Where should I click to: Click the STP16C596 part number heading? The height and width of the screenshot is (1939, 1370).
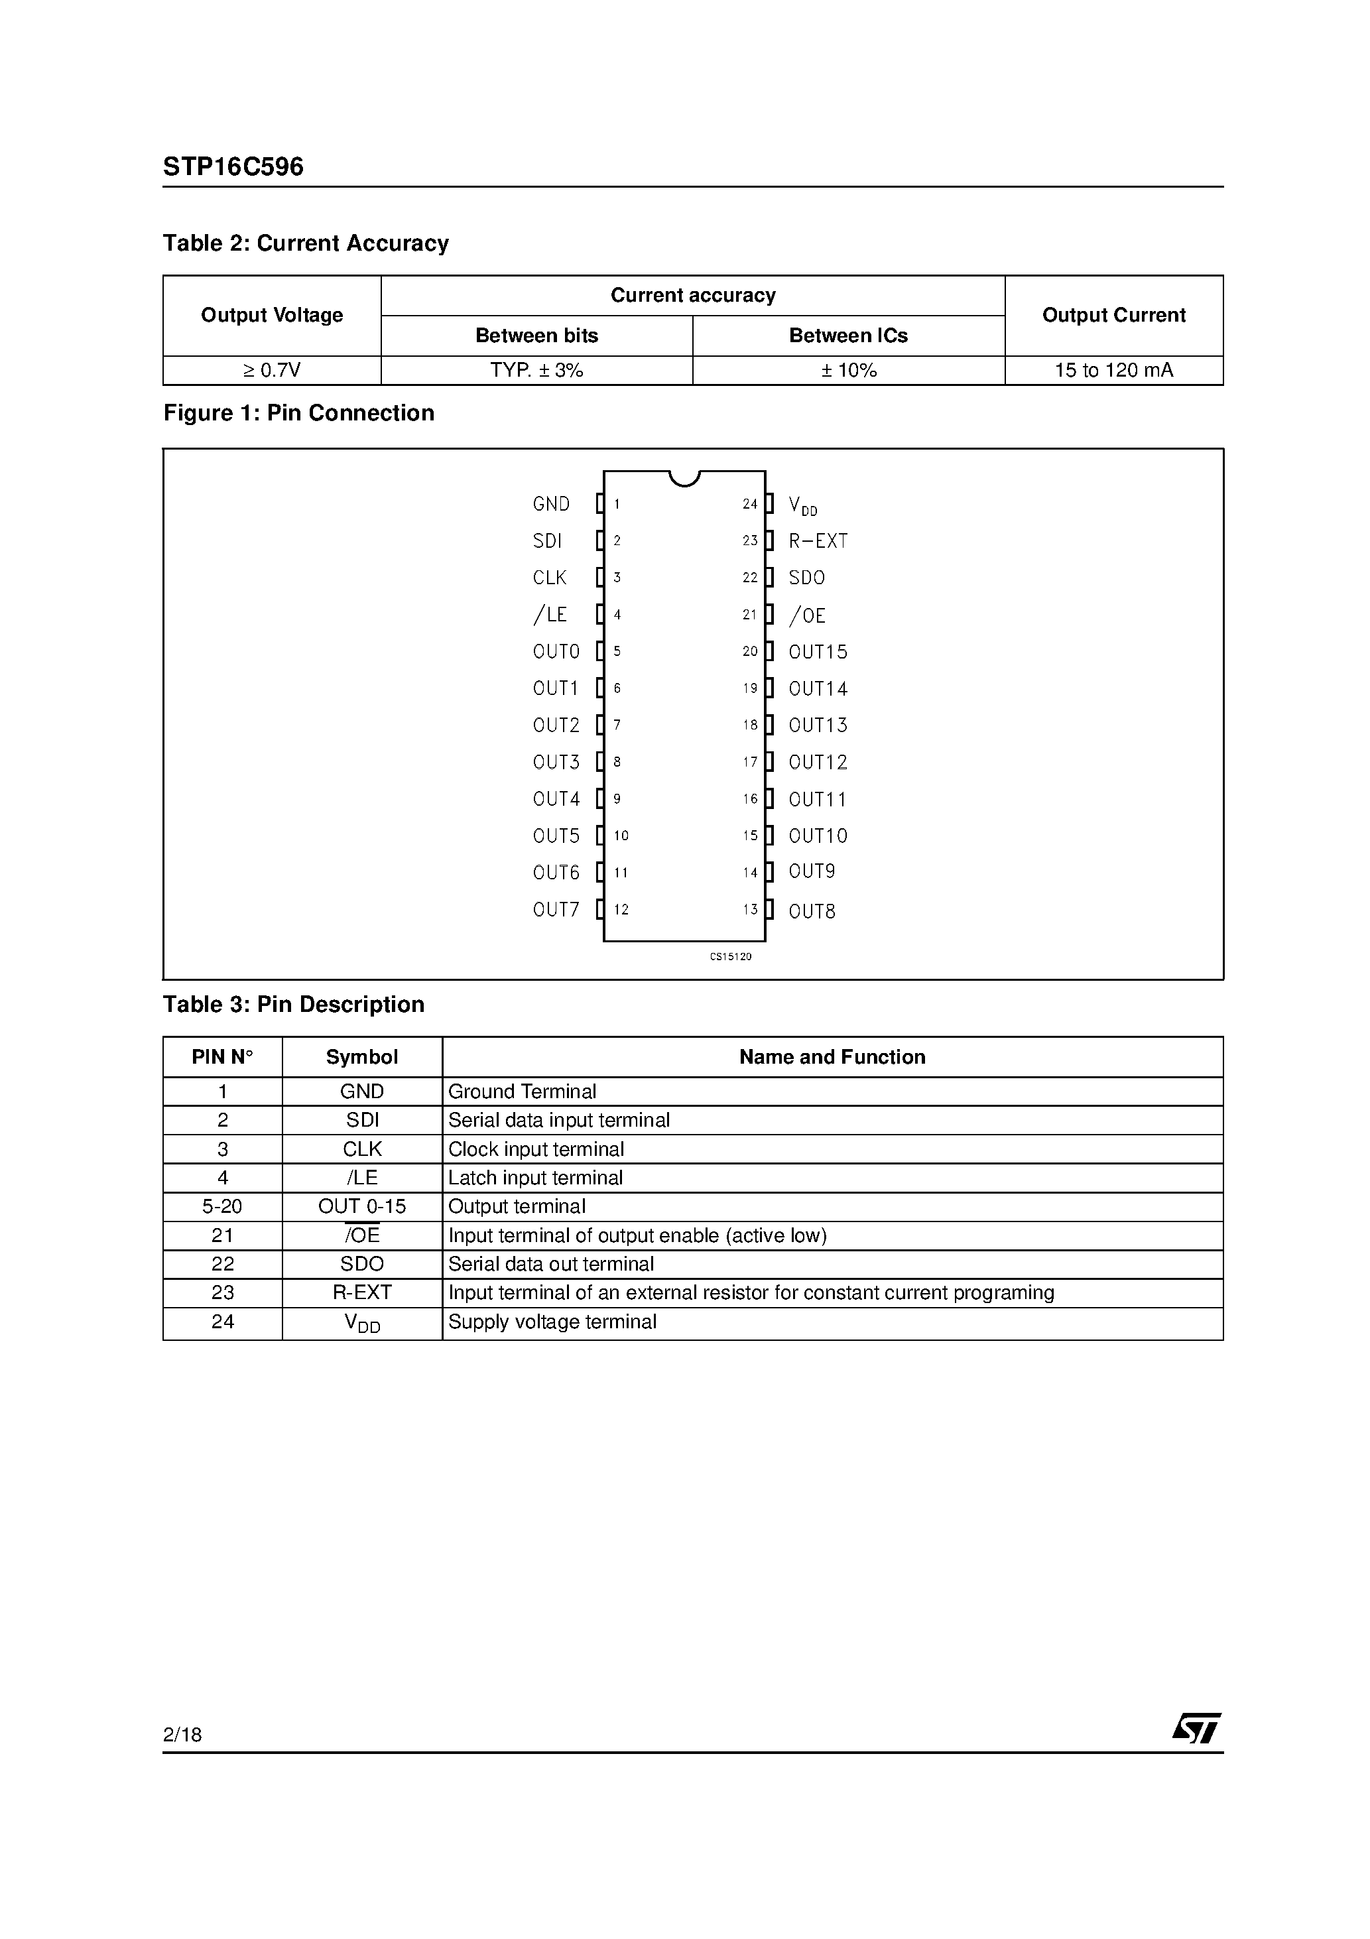click(233, 166)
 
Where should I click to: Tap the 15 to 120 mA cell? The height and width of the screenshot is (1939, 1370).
click(1113, 370)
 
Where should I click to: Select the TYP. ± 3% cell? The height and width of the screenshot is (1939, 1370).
click(536, 370)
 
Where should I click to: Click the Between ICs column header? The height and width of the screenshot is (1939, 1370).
click(848, 336)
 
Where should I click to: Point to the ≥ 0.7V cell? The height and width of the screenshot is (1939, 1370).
click(271, 370)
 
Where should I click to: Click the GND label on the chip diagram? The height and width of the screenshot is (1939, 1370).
click(550, 504)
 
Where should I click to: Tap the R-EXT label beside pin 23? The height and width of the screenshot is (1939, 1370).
click(818, 541)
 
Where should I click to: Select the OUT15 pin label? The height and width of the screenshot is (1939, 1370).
click(818, 652)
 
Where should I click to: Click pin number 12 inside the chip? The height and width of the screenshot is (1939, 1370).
click(621, 910)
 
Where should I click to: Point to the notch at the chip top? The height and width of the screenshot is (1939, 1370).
click(684, 479)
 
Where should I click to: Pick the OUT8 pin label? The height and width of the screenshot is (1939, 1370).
click(812, 911)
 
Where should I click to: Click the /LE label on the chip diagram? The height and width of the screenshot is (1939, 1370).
click(550, 615)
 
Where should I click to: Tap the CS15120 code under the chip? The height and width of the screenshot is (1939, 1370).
click(730, 957)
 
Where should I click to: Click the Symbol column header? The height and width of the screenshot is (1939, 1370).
click(361, 1056)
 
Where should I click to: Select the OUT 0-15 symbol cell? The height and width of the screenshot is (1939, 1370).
click(361, 1206)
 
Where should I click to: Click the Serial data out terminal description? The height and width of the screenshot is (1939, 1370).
click(550, 1263)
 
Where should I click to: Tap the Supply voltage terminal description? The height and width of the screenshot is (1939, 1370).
click(552, 1322)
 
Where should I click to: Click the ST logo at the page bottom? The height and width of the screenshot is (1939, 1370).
click(1196, 1728)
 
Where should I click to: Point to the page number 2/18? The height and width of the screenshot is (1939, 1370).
click(182, 1735)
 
